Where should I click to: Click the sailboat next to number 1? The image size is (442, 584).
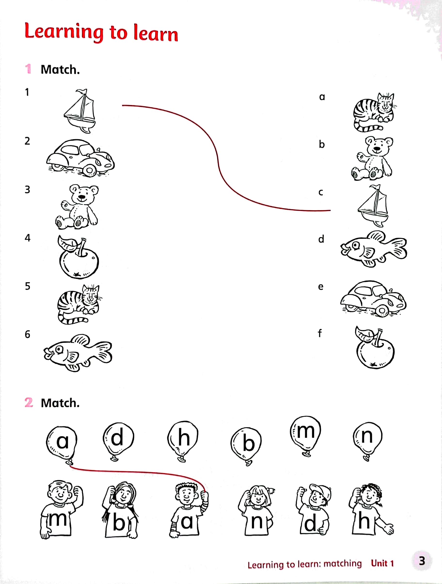point(80,111)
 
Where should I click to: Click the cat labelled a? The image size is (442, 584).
point(374,112)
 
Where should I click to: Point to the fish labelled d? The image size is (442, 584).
point(374,249)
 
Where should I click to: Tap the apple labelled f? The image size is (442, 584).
point(375,347)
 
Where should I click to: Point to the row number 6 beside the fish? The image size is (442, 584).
point(27,334)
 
